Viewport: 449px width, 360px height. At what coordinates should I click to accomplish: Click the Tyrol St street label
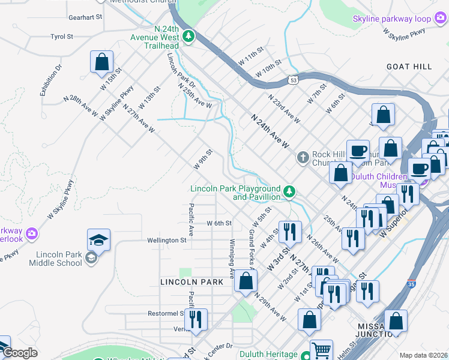coord(62,37)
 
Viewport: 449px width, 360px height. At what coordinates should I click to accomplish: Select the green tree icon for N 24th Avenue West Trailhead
coord(190,36)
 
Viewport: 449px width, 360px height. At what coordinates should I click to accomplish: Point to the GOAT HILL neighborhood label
coord(409,67)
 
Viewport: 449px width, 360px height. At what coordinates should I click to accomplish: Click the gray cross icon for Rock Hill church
coord(303,158)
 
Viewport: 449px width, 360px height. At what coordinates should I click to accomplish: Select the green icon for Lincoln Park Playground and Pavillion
coord(289,192)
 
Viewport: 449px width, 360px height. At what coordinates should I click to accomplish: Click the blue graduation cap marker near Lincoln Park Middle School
coord(99,240)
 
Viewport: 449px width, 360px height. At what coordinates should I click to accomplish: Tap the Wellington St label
coord(167,240)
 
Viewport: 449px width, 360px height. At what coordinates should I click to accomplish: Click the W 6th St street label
coord(219,223)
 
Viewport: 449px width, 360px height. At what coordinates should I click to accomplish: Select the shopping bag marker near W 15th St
coord(102,62)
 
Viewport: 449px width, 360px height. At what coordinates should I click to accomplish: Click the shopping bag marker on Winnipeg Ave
coord(246,281)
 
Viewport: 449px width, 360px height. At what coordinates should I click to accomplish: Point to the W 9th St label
coord(203,159)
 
